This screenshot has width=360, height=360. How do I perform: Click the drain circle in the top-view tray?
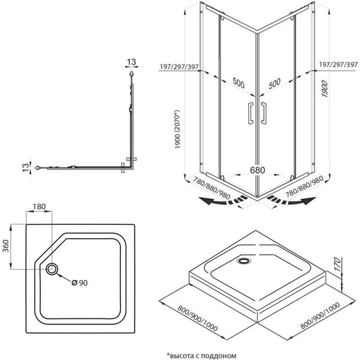pos(52,270)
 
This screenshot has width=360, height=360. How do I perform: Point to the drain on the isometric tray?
pos(244,258)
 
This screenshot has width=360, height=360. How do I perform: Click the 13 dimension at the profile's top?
pos(131,61)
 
